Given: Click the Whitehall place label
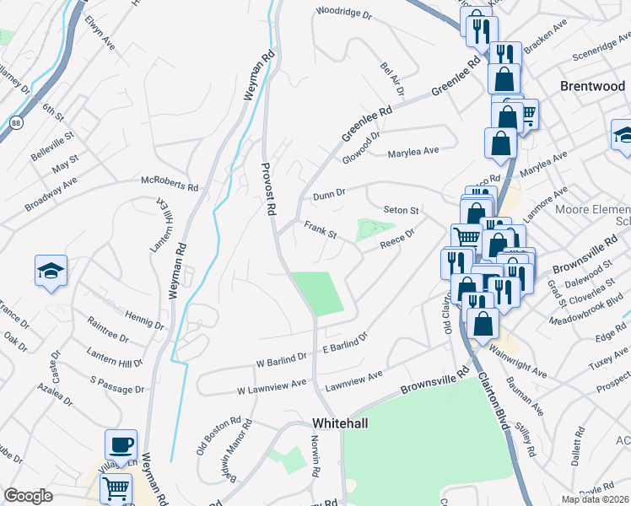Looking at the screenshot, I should pos(339,423).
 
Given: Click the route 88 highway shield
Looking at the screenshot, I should pos(17,123).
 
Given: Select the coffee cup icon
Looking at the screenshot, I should pos(121,444).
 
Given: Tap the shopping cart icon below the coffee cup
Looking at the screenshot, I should pos(116,487).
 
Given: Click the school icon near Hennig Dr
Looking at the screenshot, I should pos(51,271).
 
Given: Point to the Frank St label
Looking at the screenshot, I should pos(321,229).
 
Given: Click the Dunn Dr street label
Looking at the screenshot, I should pos(330,194).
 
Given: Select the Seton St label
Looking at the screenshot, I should pos(401,209).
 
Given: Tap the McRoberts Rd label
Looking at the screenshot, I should pos(170,180).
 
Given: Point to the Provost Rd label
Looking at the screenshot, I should pos(268,189).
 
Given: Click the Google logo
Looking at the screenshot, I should pos(28,496).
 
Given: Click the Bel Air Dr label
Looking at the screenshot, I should pos(392,78).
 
